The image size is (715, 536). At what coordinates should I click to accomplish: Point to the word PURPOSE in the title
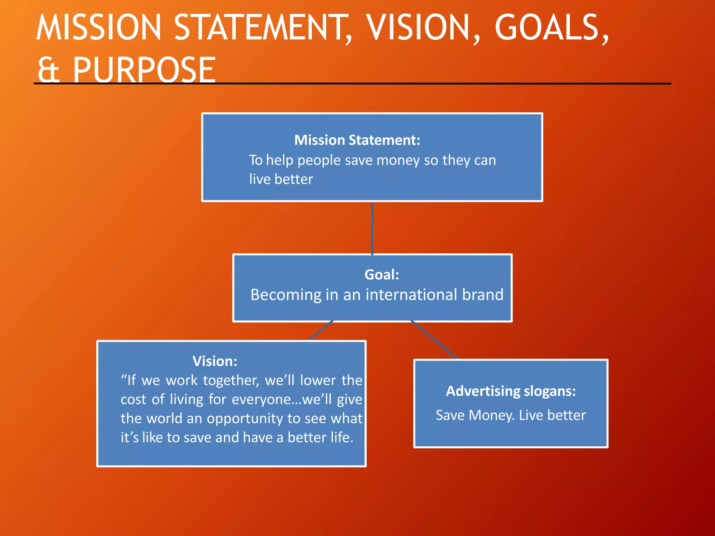(144, 70)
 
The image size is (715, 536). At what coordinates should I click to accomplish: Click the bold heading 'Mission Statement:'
(357, 140)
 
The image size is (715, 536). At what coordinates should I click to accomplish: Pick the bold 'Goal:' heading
(382, 275)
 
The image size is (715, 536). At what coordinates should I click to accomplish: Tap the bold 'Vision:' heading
(215, 361)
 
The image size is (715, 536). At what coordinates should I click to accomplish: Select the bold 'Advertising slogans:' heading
(511, 391)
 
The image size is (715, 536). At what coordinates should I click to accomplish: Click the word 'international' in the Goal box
(413, 295)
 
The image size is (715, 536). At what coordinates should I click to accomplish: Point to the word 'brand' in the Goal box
(483, 295)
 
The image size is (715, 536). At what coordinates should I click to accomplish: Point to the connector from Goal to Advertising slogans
(434, 340)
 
